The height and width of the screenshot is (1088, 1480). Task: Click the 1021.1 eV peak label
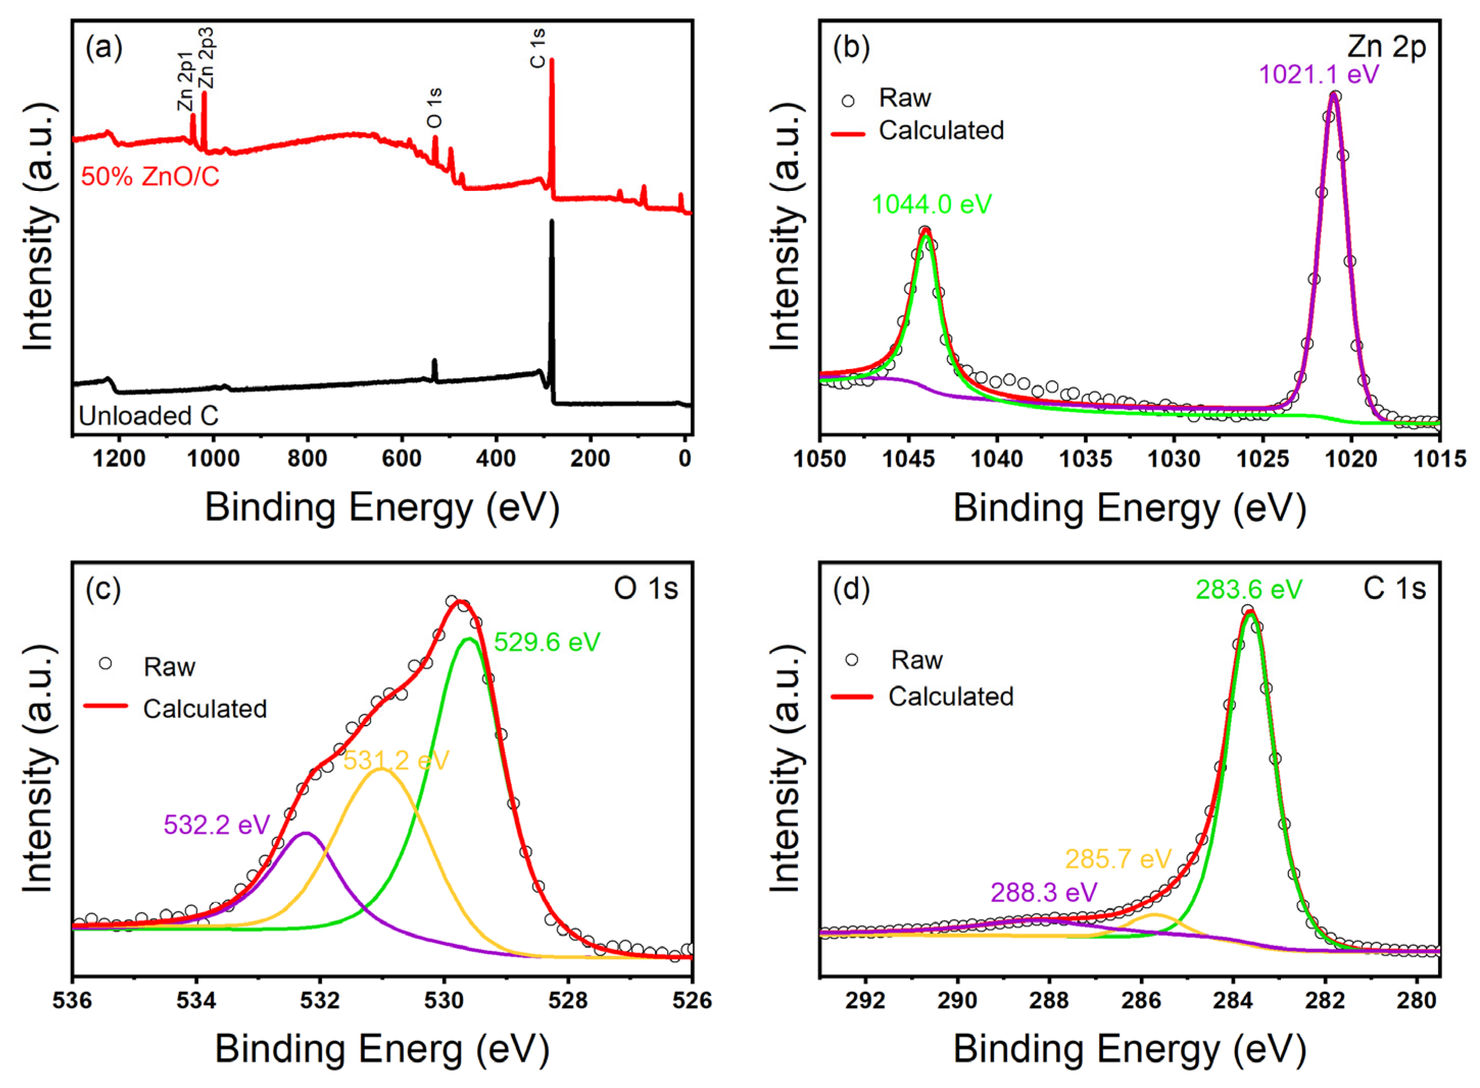[1318, 75]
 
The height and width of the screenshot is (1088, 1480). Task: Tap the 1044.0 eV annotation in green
[932, 204]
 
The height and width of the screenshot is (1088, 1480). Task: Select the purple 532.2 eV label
[216, 824]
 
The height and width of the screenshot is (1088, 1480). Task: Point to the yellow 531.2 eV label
[396, 760]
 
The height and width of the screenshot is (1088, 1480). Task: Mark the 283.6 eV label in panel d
[1248, 589]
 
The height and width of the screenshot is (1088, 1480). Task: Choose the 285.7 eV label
[1119, 859]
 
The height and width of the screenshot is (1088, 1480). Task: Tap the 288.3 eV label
[1044, 892]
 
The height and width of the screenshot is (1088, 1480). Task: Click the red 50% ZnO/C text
[150, 177]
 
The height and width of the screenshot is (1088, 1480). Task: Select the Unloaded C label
[148, 416]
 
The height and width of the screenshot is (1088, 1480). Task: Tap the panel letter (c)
[103, 588]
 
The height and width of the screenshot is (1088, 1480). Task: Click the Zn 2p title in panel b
[1386, 47]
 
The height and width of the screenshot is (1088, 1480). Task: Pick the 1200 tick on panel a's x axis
[119, 458]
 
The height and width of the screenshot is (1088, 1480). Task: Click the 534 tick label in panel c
[196, 1000]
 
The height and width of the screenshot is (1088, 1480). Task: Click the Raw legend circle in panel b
[848, 101]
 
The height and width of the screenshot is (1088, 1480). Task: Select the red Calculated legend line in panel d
[852, 696]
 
